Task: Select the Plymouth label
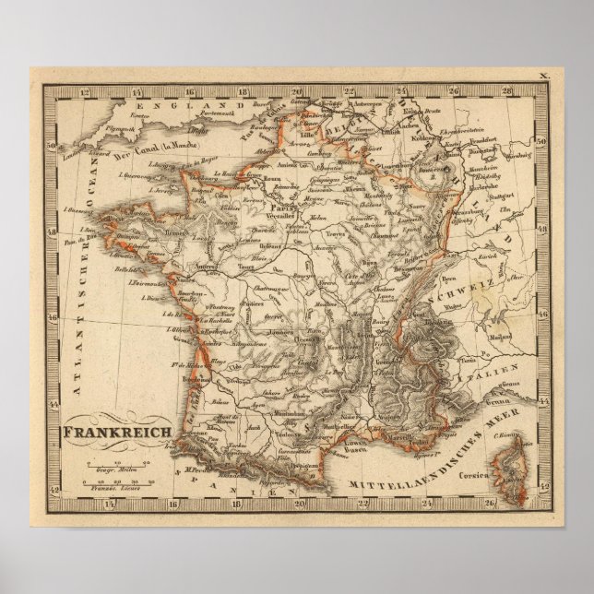tap(102, 132)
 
